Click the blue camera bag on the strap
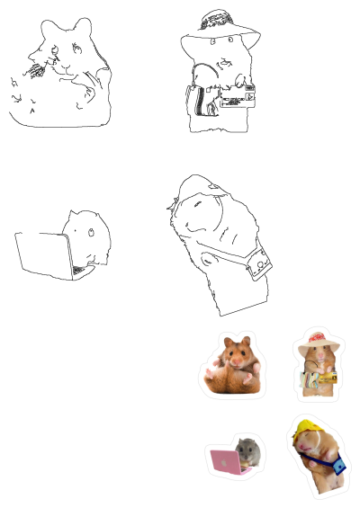(338, 466)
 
